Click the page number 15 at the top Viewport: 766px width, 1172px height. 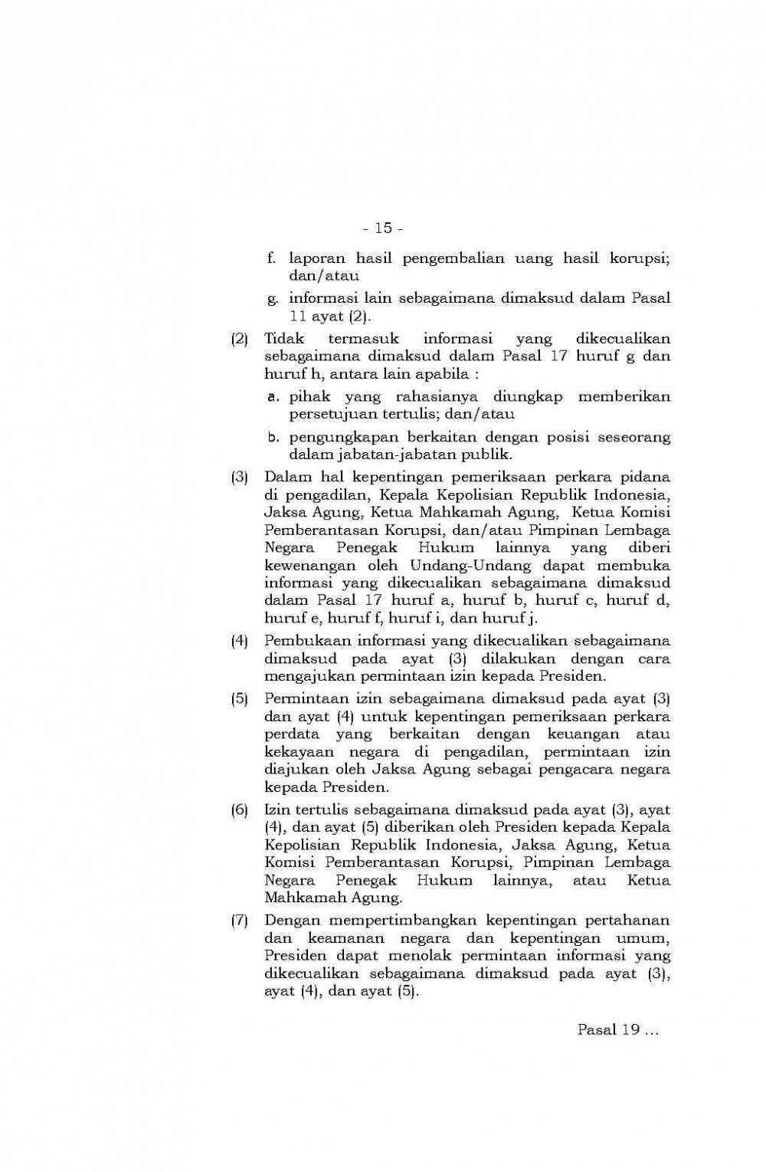[382, 228]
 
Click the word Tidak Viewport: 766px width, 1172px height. [283, 339]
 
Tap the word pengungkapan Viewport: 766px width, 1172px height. [339, 437]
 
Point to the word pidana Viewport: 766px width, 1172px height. [648, 478]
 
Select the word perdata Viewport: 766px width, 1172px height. [290, 734]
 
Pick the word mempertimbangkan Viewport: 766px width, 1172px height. [403, 921]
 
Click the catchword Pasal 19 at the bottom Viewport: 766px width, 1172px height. [609, 1029]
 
